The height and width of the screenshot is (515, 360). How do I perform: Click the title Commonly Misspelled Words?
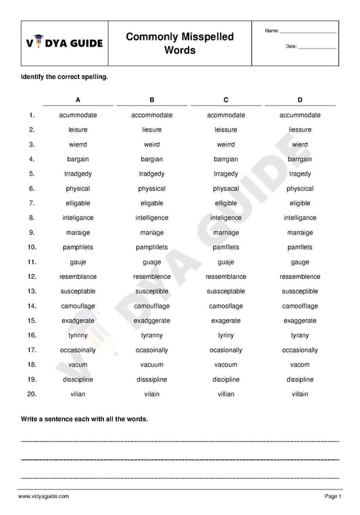[x=180, y=43]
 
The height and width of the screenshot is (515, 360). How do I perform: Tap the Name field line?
[x=308, y=32]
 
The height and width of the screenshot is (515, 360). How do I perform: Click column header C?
[x=226, y=100]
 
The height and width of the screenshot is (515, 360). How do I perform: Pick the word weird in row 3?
[x=152, y=144]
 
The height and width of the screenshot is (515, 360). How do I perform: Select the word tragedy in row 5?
[x=300, y=174]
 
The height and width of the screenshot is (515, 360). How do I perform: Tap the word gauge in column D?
[x=300, y=263]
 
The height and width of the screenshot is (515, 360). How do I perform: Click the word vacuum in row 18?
[x=152, y=364]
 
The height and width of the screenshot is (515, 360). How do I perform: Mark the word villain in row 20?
[x=300, y=394]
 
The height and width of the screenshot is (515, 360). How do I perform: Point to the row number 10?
[x=31, y=248]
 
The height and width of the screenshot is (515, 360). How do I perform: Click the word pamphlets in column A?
[x=78, y=248]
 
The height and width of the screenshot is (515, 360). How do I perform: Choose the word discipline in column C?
[x=226, y=379]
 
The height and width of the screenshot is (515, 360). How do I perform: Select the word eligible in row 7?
[x=300, y=203]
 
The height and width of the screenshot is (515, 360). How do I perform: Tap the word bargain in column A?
[x=78, y=159]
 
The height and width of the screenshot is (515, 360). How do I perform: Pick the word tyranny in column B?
[x=152, y=335]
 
